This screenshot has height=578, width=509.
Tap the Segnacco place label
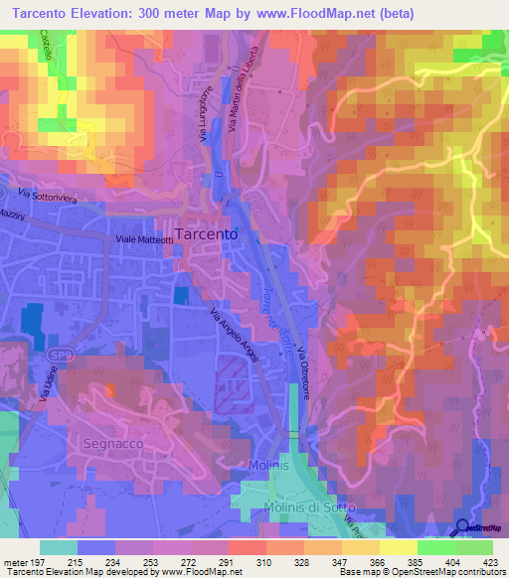pos(117,443)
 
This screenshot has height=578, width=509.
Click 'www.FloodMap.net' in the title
pos(322,13)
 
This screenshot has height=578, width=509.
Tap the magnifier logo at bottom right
pos(465,528)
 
